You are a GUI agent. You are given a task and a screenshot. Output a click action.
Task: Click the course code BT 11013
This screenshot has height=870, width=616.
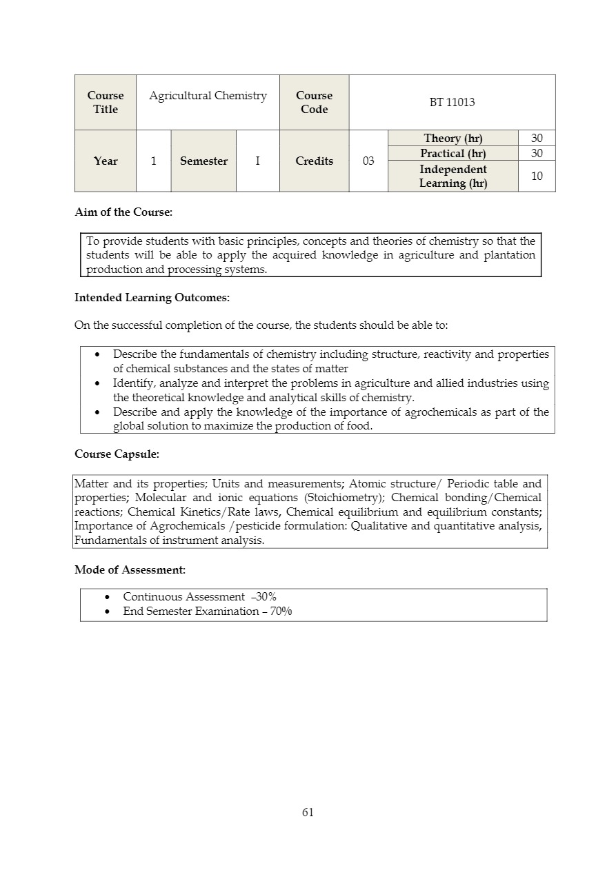[x=452, y=102]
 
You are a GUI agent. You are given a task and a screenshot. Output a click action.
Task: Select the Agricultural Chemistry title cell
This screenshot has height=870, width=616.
[x=208, y=96]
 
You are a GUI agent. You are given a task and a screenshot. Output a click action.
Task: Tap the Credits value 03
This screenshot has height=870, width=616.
[x=368, y=161]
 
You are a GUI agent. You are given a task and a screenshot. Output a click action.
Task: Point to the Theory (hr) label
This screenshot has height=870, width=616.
[x=453, y=138]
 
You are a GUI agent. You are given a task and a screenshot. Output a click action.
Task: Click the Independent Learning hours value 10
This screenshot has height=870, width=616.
[x=537, y=176]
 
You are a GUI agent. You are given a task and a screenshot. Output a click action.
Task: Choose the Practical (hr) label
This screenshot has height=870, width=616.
[x=453, y=153]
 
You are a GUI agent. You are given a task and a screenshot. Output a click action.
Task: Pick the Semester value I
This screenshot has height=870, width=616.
[x=257, y=161]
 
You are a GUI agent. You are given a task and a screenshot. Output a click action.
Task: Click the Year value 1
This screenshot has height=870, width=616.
[x=153, y=161]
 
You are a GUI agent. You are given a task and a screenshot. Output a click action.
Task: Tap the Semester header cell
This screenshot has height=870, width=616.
[x=203, y=161]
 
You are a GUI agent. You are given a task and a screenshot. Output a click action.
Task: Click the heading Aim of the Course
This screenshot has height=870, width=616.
[x=123, y=212]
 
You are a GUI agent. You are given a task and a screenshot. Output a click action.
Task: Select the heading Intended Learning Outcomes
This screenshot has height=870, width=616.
[x=152, y=298]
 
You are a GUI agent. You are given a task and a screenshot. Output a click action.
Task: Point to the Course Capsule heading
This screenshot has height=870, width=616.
[x=117, y=454]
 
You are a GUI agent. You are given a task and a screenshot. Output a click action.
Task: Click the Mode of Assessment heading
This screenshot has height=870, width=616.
[x=130, y=569]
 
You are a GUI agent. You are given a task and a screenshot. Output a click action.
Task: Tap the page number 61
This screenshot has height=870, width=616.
[x=308, y=812]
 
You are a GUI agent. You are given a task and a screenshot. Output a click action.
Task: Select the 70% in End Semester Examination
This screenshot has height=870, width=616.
[x=281, y=611]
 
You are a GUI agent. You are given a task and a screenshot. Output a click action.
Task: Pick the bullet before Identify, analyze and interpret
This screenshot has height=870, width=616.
[x=97, y=383]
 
